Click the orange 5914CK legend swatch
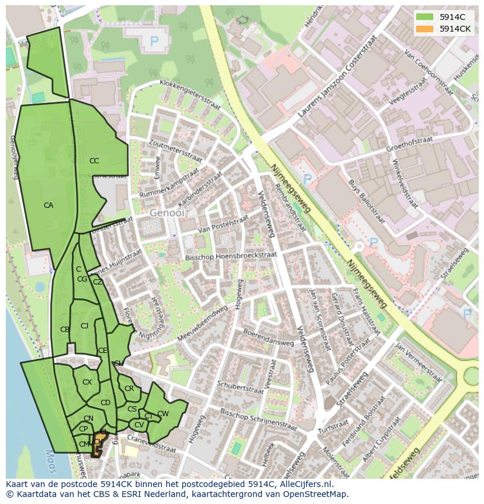pyautogui.click(x=425, y=29)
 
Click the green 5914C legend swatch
pyautogui.click(x=425, y=17)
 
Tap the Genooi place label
pyautogui.click(x=166, y=213)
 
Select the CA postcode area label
pyautogui.click(x=49, y=205)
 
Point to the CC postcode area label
pyautogui.click(x=94, y=161)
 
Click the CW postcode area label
pyautogui.click(x=163, y=414)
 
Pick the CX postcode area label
pyautogui.click(x=87, y=382)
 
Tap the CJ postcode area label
pyautogui.click(x=85, y=326)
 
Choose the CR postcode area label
pyautogui.click(x=129, y=389)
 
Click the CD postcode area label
pyautogui.click(x=105, y=403)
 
